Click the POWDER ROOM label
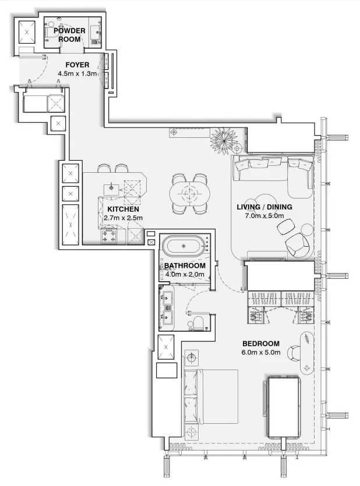click(x=69, y=34)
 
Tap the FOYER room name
click(x=77, y=65)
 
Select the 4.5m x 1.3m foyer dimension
click(x=77, y=74)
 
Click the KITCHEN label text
click(x=123, y=209)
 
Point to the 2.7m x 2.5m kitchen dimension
click(x=123, y=218)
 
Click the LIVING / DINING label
click(x=264, y=207)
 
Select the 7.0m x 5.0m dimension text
click(x=264, y=216)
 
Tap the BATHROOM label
click(x=185, y=266)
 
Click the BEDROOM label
click(x=260, y=343)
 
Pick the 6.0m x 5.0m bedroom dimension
click(x=260, y=353)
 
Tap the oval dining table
click(x=188, y=193)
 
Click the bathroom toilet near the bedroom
click(x=198, y=323)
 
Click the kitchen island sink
click(x=112, y=188)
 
